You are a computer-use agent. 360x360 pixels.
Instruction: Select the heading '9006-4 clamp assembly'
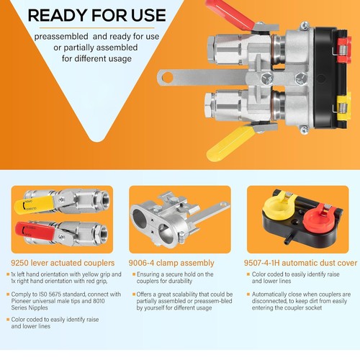tap(168, 263)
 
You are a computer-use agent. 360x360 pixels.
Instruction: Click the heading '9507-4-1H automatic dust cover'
tap(298, 263)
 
